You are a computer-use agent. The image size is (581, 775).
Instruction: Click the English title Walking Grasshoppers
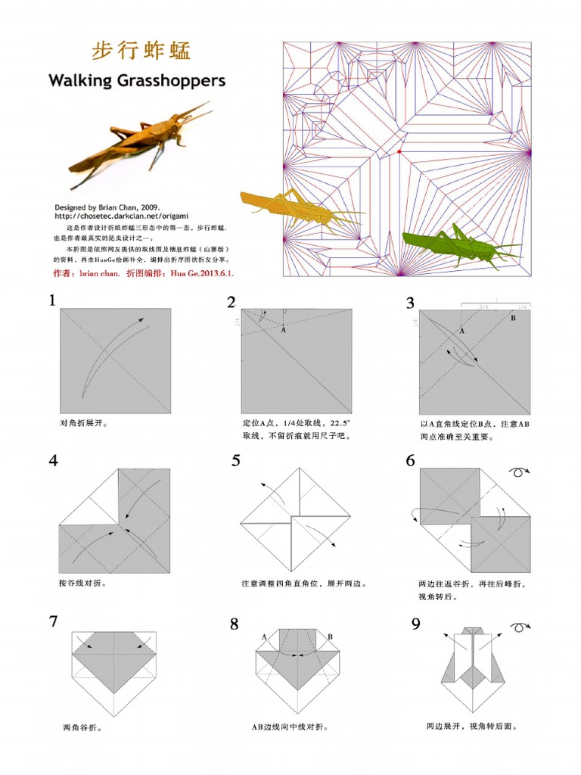click(x=136, y=80)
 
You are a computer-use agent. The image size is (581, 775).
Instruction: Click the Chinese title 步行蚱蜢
click(x=141, y=51)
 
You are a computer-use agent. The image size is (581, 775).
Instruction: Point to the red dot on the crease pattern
click(x=399, y=151)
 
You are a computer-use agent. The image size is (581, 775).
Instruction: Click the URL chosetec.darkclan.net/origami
click(x=120, y=216)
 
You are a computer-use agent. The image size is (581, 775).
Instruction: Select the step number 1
click(x=52, y=300)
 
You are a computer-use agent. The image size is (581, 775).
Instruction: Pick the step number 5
click(x=236, y=460)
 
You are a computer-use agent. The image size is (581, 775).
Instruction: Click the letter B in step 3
click(x=512, y=319)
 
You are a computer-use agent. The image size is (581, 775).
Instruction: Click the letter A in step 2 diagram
click(x=283, y=330)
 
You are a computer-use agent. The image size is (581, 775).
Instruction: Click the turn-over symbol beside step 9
click(x=520, y=627)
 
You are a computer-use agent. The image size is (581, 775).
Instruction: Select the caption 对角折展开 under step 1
click(x=83, y=424)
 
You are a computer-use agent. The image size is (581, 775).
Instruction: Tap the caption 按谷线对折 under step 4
click(x=82, y=584)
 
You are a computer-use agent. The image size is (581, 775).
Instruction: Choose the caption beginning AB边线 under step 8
click(x=290, y=727)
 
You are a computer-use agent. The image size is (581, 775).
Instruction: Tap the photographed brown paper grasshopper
click(x=140, y=140)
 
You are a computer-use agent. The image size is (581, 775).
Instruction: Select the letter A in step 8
click(x=264, y=637)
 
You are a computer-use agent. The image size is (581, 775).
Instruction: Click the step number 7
click(x=53, y=621)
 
